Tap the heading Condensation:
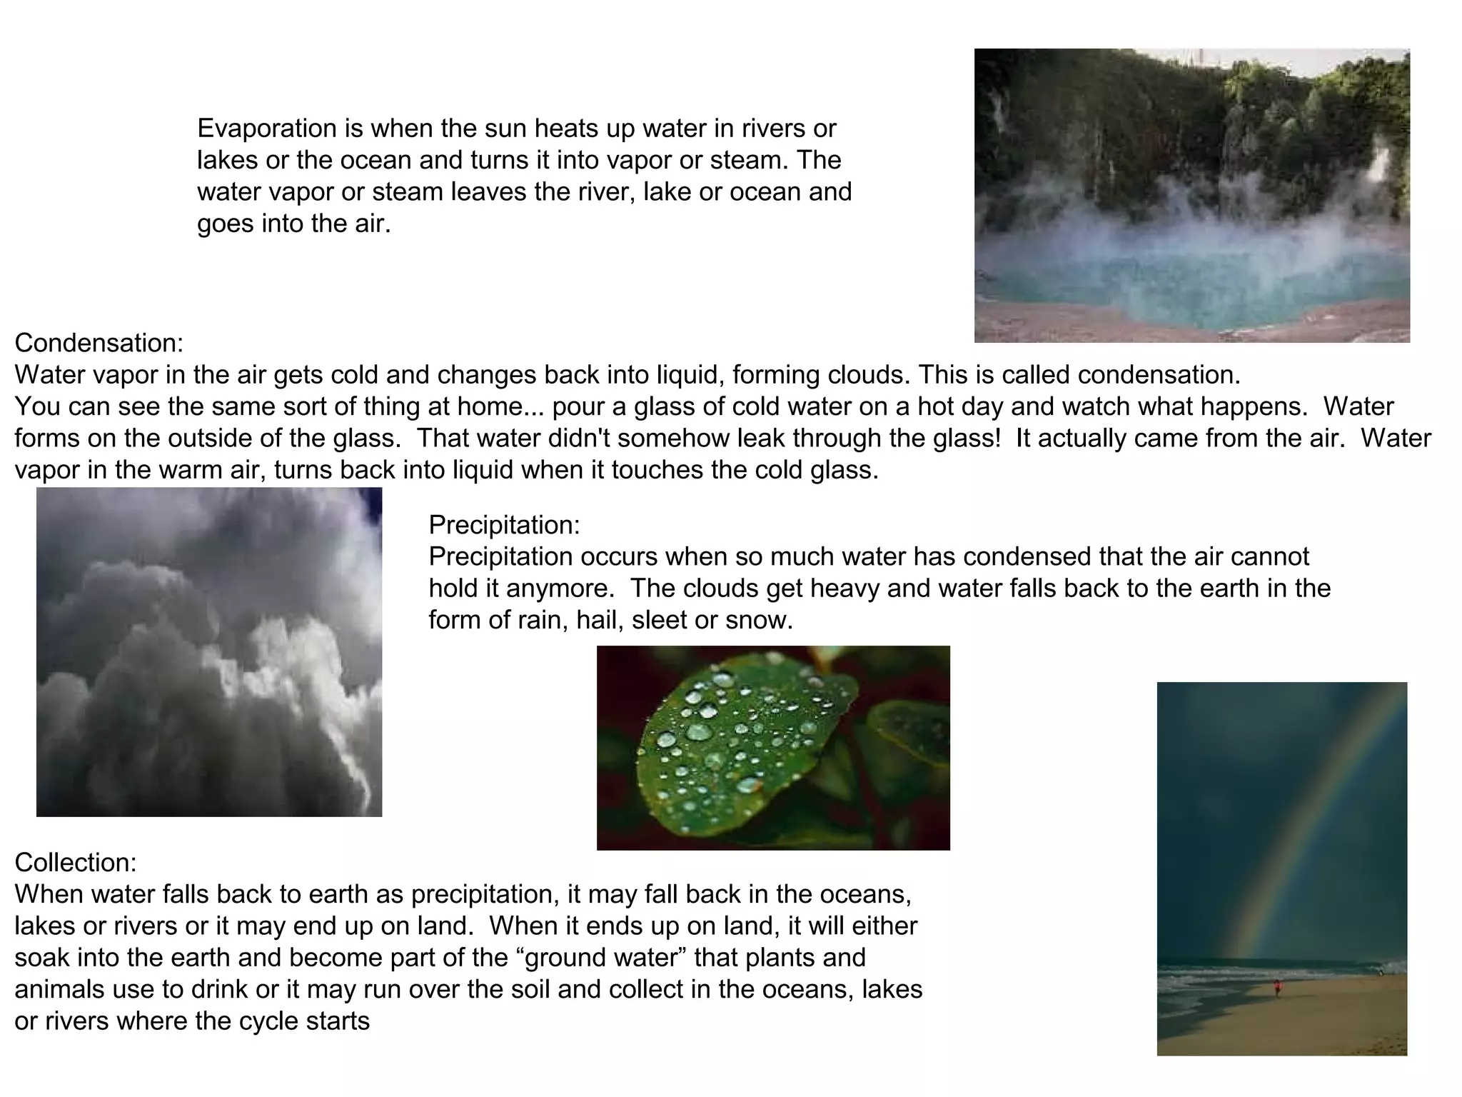pos(99,344)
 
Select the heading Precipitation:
pos(504,525)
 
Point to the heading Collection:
pos(76,863)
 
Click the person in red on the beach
pos(1277,988)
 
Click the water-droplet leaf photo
pos(773,748)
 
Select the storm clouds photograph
pos(209,652)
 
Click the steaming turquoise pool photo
pos(1191,195)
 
